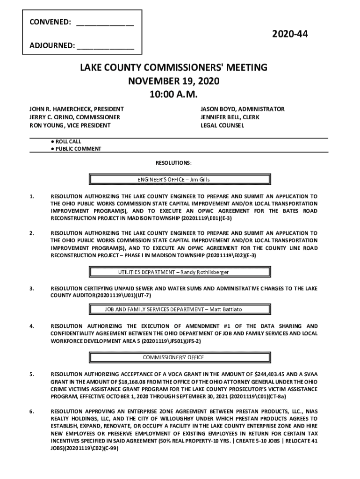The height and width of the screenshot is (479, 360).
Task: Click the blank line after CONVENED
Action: click(105, 22)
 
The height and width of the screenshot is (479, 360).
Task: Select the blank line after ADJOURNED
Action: click(106, 46)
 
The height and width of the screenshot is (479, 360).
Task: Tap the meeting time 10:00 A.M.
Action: click(173, 94)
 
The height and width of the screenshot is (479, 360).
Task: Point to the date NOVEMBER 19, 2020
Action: click(173, 81)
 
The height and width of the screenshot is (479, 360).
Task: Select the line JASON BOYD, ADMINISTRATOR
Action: click(242, 109)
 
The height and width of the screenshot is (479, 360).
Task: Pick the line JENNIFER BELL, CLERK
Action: click(230, 117)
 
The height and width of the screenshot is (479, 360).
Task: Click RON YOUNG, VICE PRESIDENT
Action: click(70, 126)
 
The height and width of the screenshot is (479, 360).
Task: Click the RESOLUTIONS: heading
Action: click(173, 163)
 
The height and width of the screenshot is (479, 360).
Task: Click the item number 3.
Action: click(31, 289)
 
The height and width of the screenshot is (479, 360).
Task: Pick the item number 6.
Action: click(31, 412)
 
